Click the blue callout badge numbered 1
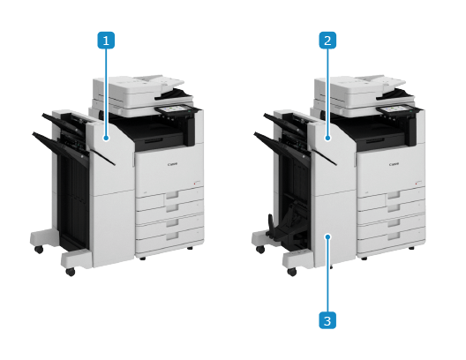(x=106, y=40)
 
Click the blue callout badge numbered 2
(x=327, y=40)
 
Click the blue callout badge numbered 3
(x=327, y=320)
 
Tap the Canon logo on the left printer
(x=172, y=164)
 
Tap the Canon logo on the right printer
(x=395, y=164)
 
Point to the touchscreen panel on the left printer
(x=175, y=109)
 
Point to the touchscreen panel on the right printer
(x=397, y=109)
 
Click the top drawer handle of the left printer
(x=172, y=195)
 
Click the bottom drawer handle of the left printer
(x=172, y=236)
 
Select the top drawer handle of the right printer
(x=394, y=195)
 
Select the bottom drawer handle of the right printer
(x=394, y=236)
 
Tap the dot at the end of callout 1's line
(x=106, y=138)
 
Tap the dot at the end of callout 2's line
(x=327, y=138)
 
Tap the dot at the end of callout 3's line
(x=327, y=236)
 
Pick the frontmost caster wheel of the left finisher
(x=71, y=272)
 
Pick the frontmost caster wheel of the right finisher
(x=292, y=272)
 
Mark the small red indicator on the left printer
(x=194, y=184)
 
